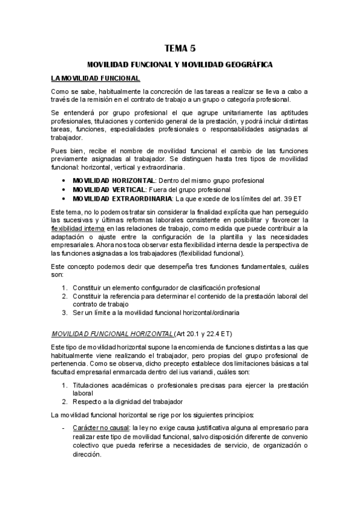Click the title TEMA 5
[180, 48]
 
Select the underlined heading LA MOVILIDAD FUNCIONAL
[96, 78]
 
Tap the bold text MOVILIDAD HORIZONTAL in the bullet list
[113, 180]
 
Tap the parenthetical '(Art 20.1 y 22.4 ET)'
[205, 333]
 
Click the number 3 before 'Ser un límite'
[64, 313]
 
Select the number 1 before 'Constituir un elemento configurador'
[64, 287]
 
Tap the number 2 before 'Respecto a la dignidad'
[64, 401]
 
